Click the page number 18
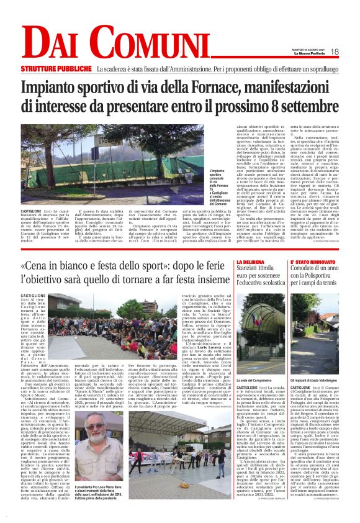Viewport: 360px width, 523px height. click(x=335, y=52)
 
